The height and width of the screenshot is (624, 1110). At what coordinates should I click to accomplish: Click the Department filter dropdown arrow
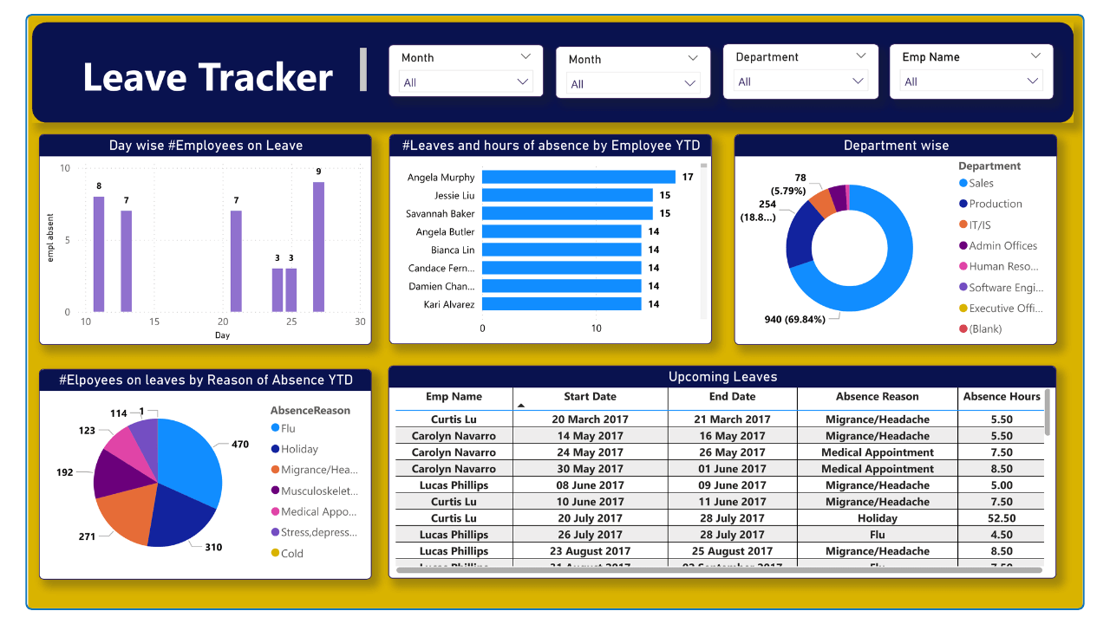(859, 81)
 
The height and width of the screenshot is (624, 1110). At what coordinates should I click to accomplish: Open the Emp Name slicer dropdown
(1032, 81)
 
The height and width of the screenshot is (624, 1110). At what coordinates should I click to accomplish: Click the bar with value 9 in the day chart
(318, 247)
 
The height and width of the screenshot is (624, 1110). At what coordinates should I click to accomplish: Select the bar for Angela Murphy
(578, 177)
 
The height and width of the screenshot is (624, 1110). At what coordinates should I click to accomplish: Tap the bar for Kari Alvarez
(561, 304)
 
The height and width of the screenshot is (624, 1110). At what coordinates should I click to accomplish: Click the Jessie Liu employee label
(454, 195)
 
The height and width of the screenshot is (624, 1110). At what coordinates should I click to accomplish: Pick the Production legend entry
(995, 204)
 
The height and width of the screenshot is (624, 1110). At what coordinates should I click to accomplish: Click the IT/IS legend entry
(980, 224)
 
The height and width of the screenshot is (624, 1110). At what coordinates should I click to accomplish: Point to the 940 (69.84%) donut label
(800, 319)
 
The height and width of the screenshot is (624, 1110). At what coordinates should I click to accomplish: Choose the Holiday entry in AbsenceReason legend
(299, 449)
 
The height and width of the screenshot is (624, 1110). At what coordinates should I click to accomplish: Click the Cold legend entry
(291, 553)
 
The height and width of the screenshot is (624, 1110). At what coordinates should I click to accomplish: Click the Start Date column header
(590, 397)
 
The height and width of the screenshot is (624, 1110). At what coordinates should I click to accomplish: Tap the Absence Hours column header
(1002, 397)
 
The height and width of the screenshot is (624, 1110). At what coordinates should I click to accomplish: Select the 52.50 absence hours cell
(1002, 518)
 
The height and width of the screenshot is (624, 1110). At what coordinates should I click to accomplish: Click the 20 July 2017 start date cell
(590, 518)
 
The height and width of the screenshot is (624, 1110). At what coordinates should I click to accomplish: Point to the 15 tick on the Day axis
(154, 322)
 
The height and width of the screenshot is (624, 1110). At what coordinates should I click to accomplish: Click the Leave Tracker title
(208, 77)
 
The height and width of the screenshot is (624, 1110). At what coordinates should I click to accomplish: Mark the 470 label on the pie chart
(240, 445)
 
